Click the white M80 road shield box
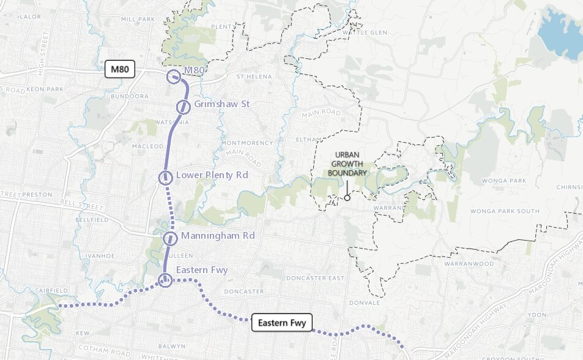[120, 69]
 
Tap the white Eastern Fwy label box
[282, 322]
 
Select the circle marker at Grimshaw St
[183, 107]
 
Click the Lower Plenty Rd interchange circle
[165, 178]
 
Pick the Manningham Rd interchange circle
[170, 238]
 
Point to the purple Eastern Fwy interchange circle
[165, 280]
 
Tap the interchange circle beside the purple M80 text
[174, 77]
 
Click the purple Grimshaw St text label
[221, 104]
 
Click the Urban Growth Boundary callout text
[348, 163]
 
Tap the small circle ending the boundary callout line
[347, 198]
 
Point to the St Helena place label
[253, 77]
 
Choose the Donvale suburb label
[366, 302]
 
